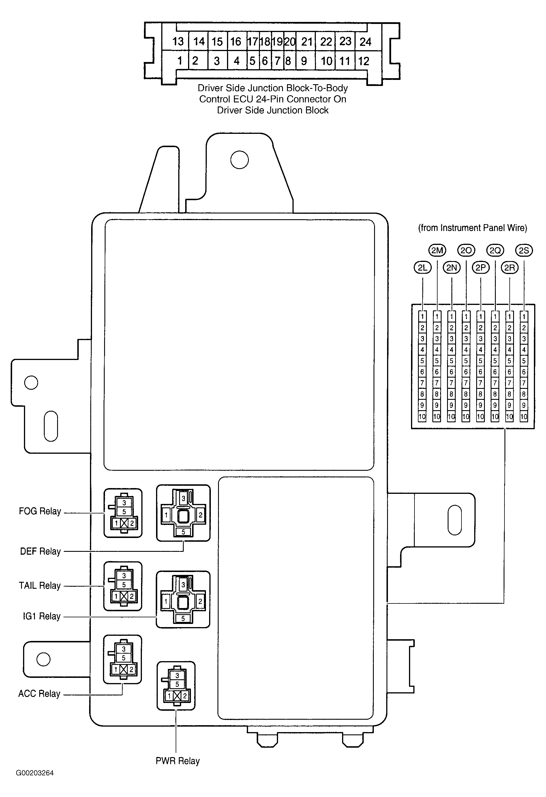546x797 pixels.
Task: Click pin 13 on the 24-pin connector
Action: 178,42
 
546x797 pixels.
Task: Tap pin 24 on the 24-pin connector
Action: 366,42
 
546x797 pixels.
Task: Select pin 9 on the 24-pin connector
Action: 304,61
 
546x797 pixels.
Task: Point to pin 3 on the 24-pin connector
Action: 216,61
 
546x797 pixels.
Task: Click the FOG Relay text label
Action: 40,511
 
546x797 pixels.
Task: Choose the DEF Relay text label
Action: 40,552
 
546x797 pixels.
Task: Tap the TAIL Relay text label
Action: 40,586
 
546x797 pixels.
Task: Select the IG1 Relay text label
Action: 42,616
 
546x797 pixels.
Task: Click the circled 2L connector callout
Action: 423,268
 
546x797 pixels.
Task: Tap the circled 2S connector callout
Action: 524,251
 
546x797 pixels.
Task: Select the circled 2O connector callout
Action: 466,251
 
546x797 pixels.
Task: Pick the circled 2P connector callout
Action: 481,268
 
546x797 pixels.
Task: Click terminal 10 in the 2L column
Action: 422,417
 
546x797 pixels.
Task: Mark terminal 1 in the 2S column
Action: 524,316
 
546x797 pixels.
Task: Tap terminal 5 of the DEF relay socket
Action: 183,532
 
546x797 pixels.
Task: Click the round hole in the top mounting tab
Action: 239,160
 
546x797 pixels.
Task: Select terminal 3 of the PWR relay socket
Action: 177,676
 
